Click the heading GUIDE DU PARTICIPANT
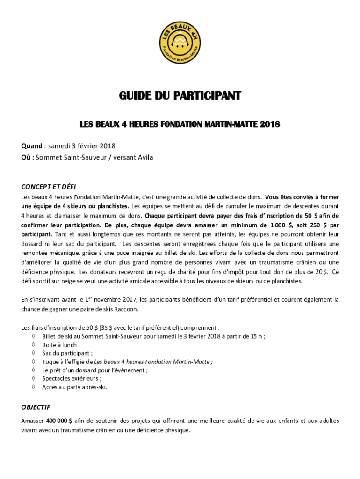tap(180, 96)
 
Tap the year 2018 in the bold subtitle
tap(270, 124)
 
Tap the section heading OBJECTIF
tap(36, 407)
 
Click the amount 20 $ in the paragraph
tap(322, 272)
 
